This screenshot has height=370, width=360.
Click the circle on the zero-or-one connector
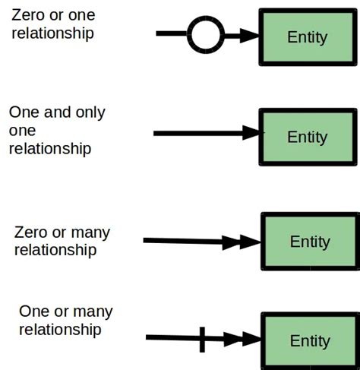pos(205,35)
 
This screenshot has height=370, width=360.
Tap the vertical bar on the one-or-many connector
pos(202,339)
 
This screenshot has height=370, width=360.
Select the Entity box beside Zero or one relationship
pos(307,36)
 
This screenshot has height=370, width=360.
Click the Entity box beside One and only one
pos(307,137)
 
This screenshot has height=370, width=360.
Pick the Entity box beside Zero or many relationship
pos(309,241)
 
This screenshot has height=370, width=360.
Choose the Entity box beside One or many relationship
pos(309,340)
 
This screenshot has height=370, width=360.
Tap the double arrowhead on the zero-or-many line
pos(241,242)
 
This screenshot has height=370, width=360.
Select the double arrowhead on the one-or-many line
pos(242,340)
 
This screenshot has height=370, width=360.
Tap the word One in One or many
pos(35,311)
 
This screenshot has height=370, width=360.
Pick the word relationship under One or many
pos(60,330)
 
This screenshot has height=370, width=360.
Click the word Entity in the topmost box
pos(308,37)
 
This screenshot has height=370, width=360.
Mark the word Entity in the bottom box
pos(310,340)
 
